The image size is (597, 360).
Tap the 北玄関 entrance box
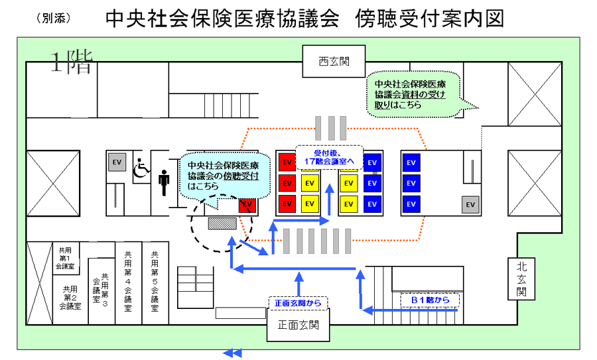[x=521, y=278]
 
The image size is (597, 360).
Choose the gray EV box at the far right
[x=470, y=205]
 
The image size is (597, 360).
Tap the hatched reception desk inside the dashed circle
[x=219, y=223]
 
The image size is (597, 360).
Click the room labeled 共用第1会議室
[x=65, y=259]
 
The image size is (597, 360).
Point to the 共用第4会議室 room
[x=128, y=282]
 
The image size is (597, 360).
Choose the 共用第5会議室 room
[x=155, y=282]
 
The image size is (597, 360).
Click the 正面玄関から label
[x=298, y=303]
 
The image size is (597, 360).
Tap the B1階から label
[x=431, y=300]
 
